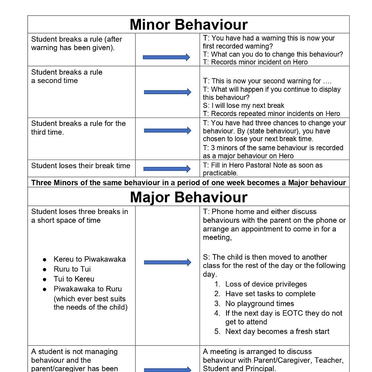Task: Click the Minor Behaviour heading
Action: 189,25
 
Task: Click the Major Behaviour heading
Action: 189,197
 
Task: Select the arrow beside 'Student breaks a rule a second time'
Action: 167,92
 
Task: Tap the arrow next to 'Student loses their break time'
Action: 167,169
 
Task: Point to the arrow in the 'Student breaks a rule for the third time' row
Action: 167,130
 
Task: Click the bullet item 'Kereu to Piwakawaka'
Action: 89,259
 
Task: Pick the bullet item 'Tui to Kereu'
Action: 74,279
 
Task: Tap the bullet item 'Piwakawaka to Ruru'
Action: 87,289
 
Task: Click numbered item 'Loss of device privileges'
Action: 266,284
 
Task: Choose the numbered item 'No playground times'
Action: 260,304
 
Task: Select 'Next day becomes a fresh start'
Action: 277,331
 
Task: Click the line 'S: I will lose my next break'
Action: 244,105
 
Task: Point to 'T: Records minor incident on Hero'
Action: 255,62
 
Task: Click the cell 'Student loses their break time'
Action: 81,166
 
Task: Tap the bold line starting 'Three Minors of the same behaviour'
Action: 189,183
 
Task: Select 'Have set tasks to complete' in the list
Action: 270,294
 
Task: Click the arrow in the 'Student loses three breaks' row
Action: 167,262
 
